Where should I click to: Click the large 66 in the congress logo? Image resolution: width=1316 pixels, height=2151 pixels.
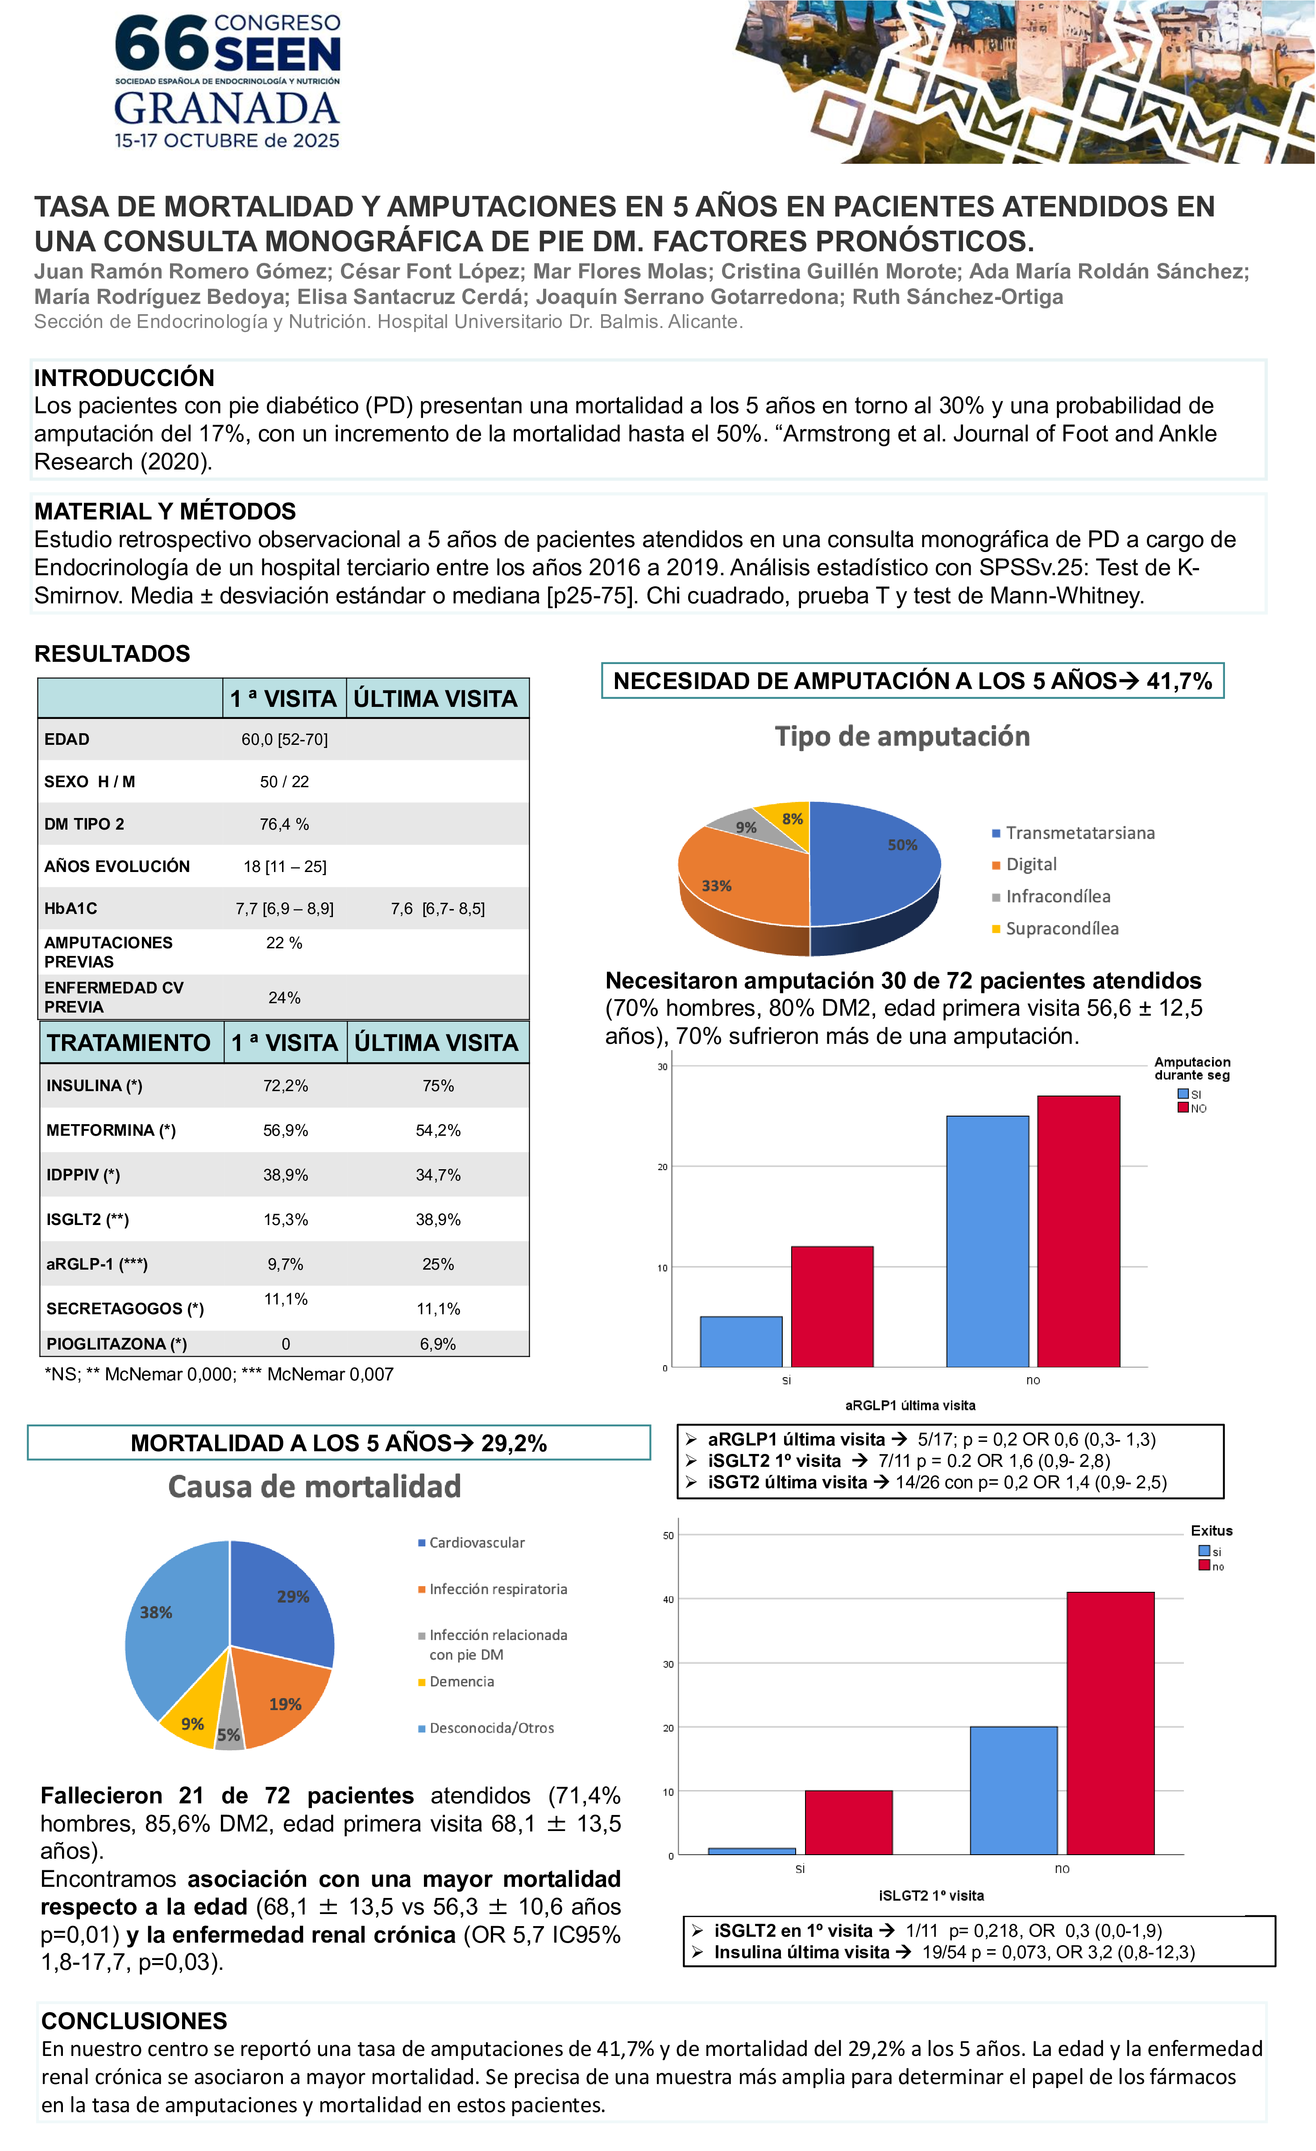(162, 44)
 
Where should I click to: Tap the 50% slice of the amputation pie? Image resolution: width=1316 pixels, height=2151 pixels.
(877, 860)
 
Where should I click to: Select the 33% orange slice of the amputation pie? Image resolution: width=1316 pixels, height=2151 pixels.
(737, 882)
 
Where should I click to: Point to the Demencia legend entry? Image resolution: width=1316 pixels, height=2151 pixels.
(461, 1682)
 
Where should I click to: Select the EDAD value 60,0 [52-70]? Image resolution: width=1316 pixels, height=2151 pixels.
(285, 739)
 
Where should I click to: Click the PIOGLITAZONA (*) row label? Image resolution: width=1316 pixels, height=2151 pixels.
(116, 1344)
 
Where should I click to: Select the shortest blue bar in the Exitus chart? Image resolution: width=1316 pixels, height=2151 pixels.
(751, 1851)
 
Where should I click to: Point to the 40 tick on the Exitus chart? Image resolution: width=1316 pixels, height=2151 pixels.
(668, 1599)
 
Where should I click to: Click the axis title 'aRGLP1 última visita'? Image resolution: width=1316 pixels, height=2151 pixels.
(909, 1405)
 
